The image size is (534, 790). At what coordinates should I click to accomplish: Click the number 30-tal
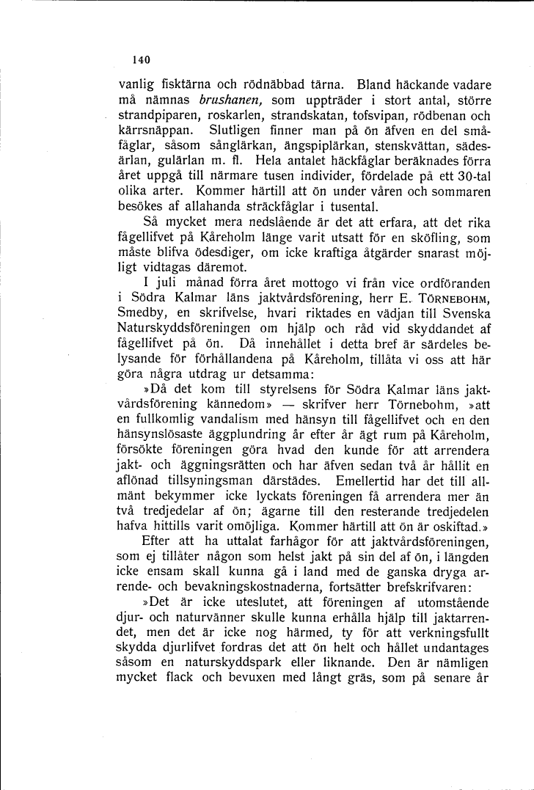(x=470, y=177)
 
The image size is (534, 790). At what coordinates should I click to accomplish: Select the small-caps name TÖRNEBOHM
(x=456, y=301)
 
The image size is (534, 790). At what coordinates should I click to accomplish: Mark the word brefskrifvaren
(x=409, y=588)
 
